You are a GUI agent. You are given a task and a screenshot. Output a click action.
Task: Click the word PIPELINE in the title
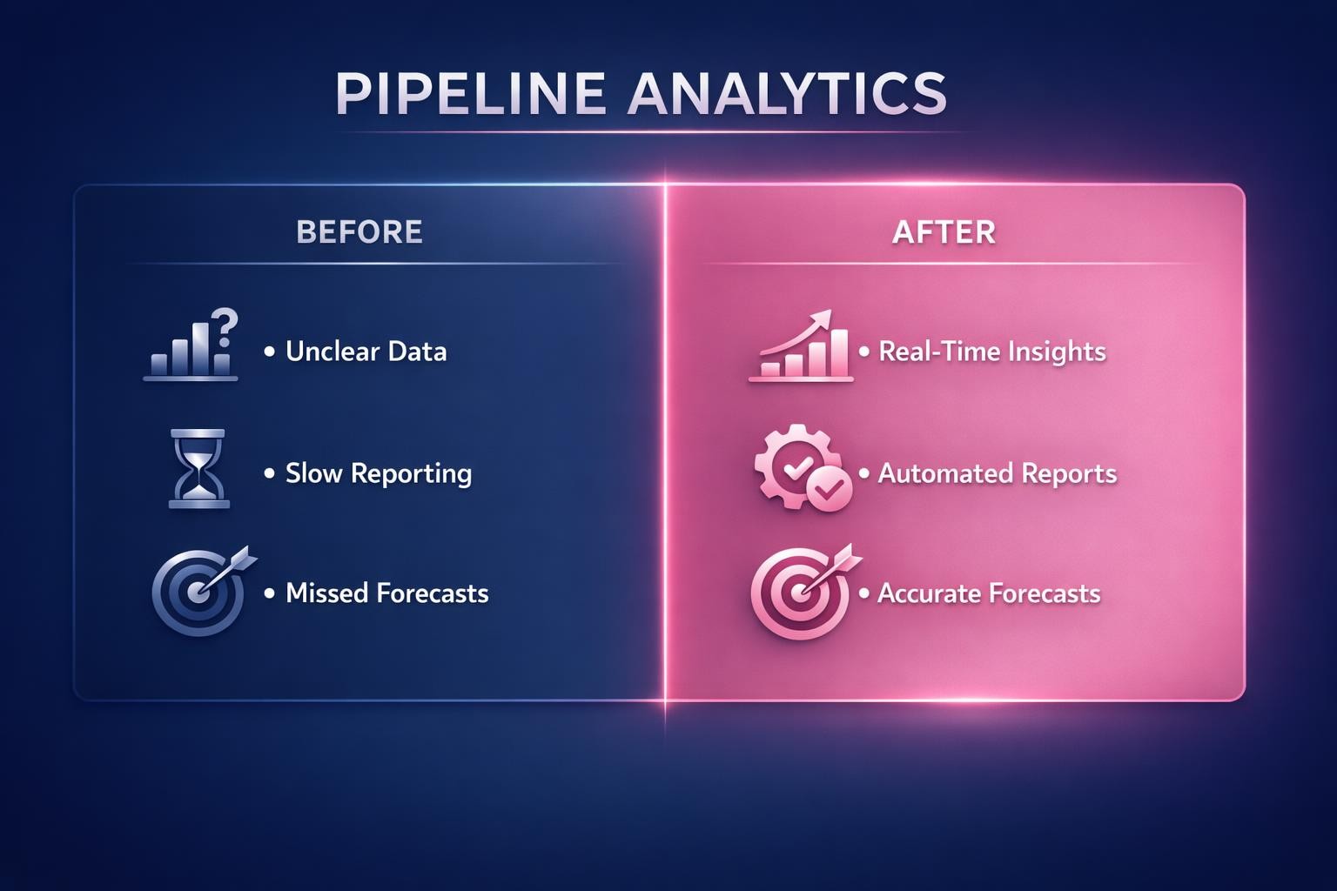[x=470, y=93]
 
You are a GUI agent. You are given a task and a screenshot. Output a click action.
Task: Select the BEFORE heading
[x=359, y=232]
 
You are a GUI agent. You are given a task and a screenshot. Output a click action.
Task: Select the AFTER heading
[x=944, y=232]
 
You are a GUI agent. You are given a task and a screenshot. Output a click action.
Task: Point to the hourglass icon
[x=198, y=468]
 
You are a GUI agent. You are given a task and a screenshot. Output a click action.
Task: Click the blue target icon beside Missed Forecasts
[x=199, y=593]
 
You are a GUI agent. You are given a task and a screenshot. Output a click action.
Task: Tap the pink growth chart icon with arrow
[x=801, y=347]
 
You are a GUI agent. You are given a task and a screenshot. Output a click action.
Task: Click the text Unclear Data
[x=366, y=352]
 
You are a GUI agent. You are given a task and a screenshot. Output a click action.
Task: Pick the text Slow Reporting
[x=379, y=473]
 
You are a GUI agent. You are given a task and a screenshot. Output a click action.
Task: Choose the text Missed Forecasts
[x=386, y=593]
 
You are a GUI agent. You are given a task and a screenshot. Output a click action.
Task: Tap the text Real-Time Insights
[x=991, y=352]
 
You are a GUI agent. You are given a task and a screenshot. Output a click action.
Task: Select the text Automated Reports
[x=997, y=473]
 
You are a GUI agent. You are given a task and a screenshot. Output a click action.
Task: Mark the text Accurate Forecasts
[x=989, y=593]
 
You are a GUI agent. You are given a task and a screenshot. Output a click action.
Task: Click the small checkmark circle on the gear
[x=830, y=489]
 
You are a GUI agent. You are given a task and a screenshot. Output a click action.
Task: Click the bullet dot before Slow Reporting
[x=269, y=473]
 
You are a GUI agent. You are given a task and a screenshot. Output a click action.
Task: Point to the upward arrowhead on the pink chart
[x=822, y=320]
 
